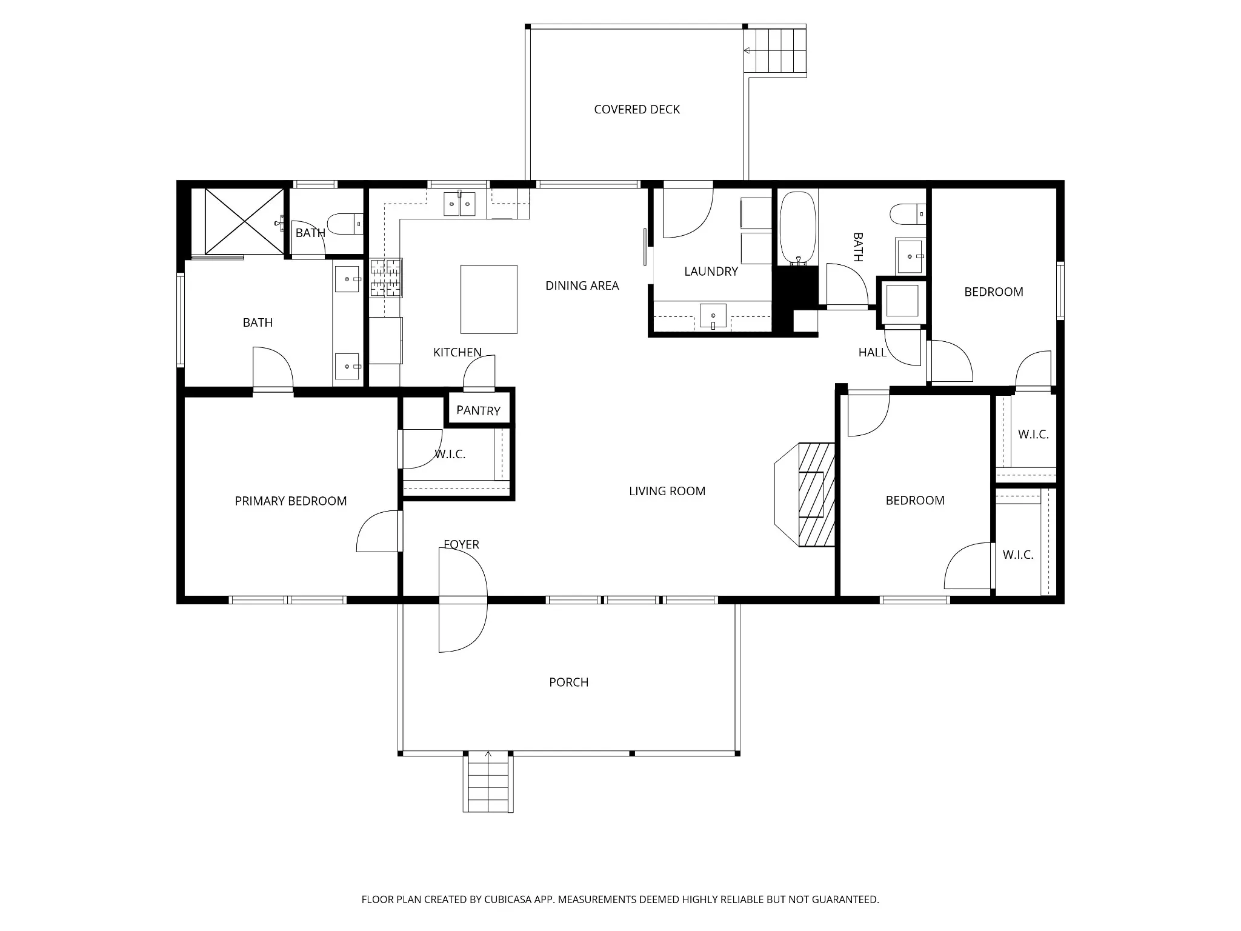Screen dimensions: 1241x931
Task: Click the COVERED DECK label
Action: pos(637,110)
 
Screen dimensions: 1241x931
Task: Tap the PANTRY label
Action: pos(478,410)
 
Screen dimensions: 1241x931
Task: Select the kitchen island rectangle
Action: pos(489,299)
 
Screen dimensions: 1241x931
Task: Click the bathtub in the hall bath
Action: pos(797,229)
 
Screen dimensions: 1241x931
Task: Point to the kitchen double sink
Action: pos(459,204)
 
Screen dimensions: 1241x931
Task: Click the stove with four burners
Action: pos(386,278)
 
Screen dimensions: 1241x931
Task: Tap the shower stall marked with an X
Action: pos(244,221)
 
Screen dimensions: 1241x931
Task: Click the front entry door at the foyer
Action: pos(463,600)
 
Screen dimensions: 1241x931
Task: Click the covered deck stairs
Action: pos(776,50)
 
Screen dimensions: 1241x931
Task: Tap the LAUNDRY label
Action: pos(711,272)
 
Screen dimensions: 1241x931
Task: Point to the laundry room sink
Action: pos(713,316)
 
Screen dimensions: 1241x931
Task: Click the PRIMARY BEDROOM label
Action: pos(291,501)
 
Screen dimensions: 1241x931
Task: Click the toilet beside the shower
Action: pos(345,224)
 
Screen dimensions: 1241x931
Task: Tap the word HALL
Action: pos(873,352)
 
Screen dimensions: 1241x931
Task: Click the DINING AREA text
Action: pos(582,285)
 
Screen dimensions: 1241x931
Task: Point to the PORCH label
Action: pos(569,682)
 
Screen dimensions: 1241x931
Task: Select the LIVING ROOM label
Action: pos(667,491)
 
